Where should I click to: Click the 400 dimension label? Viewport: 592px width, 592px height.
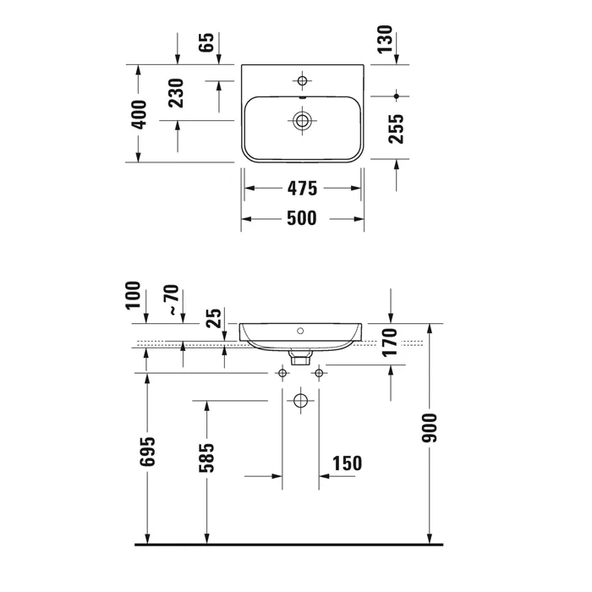click(139, 114)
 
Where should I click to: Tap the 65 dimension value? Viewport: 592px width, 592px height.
click(206, 42)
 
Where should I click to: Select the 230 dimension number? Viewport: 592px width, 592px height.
click(176, 93)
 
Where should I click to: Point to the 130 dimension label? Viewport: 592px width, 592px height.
click(385, 40)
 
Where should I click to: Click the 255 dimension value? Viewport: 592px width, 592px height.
click(396, 129)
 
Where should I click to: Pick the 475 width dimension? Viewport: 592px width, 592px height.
click(303, 189)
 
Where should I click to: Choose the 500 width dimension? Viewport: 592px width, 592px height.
click(302, 218)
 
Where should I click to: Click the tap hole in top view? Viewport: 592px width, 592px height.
click(302, 81)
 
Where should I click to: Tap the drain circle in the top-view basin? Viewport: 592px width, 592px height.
click(302, 121)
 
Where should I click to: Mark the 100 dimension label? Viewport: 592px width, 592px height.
click(133, 295)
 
